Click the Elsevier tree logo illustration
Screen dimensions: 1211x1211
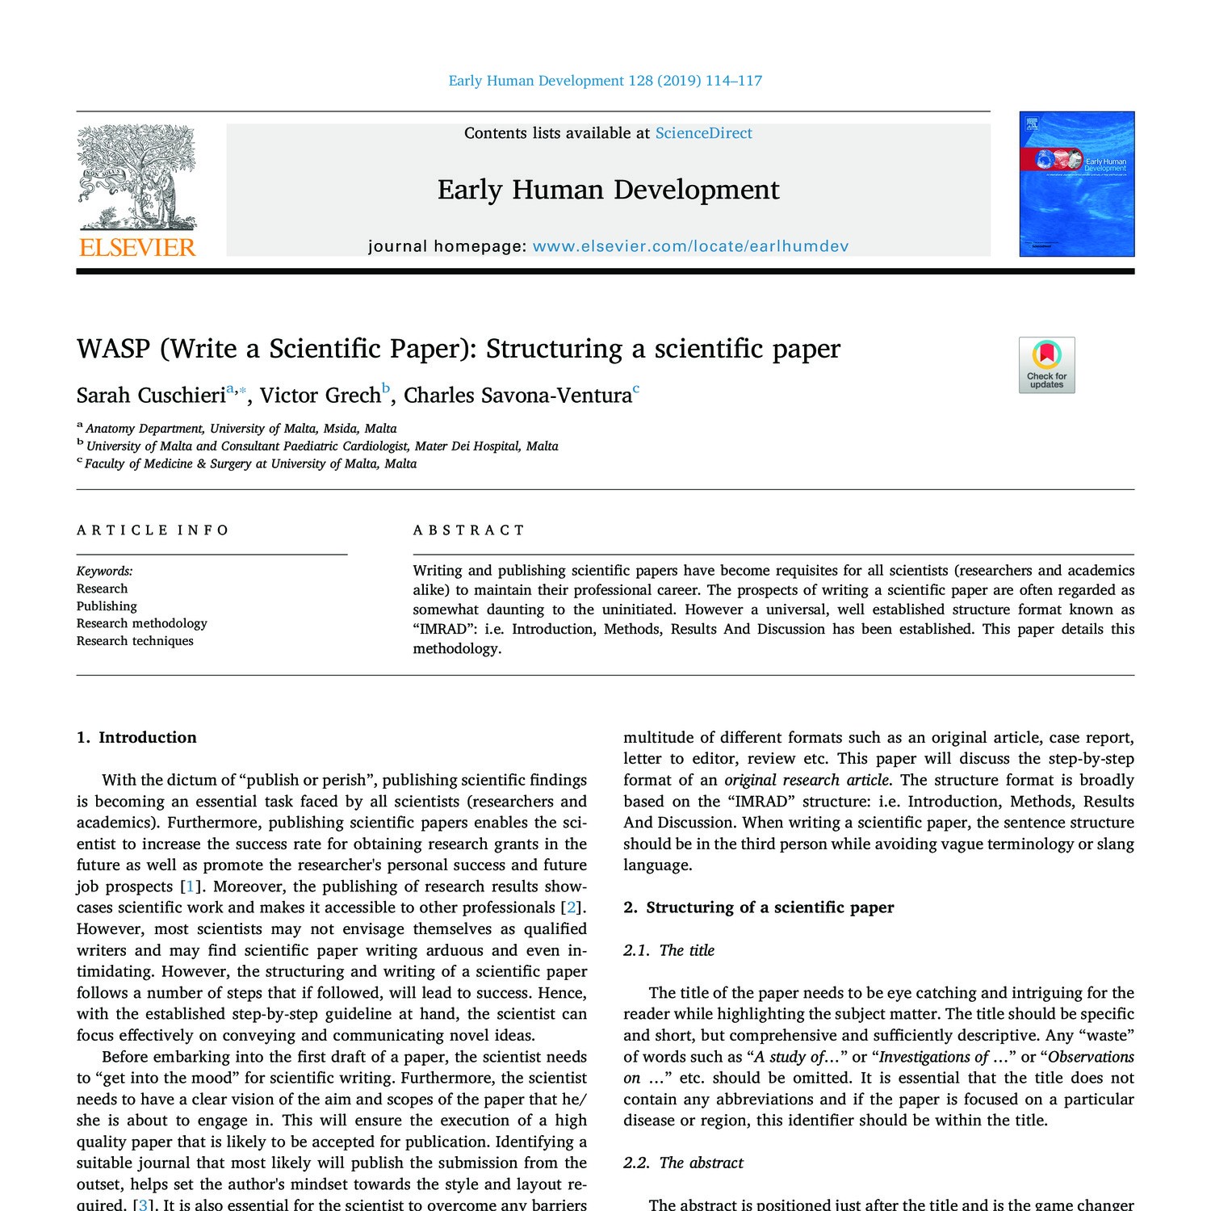[x=136, y=177]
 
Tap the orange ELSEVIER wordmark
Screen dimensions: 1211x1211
[x=137, y=247]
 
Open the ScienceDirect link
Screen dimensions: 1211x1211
[x=703, y=133]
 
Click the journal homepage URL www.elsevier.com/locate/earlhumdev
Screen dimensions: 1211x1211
[x=690, y=246]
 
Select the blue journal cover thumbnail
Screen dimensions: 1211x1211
[x=1077, y=184]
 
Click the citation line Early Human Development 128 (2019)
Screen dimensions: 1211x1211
[x=605, y=81]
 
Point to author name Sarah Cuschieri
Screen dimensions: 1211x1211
[x=151, y=396]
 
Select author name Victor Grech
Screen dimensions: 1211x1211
[x=320, y=396]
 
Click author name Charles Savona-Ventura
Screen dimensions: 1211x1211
[x=518, y=396]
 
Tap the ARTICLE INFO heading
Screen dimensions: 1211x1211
[x=153, y=530]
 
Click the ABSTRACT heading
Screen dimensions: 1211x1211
[x=469, y=530]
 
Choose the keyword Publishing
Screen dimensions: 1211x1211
[x=107, y=606]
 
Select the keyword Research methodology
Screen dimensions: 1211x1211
[x=142, y=623]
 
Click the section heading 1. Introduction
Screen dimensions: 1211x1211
[x=136, y=737]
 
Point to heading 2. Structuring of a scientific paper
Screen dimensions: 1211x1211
[x=758, y=907]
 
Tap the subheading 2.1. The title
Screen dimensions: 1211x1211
[x=668, y=950]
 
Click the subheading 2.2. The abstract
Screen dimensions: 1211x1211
[x=683, y=1163]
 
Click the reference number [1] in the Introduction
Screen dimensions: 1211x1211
[x=190, y=886]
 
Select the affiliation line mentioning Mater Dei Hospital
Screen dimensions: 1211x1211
[x=322, y=446]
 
